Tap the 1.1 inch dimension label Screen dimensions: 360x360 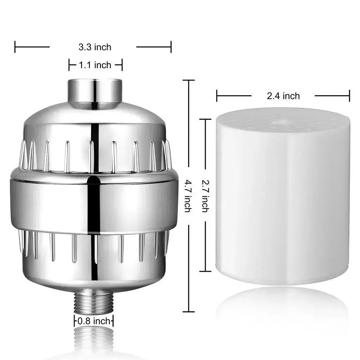95,65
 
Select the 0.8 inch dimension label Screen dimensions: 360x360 94,321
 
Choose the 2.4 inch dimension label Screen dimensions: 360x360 283,96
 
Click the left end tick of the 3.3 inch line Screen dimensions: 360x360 15,47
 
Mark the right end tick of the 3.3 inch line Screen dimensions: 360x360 171,47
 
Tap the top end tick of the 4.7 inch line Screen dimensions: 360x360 189,81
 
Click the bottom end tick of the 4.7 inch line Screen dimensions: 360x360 189,311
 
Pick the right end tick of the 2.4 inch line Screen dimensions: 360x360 349,96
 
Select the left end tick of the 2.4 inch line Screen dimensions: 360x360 217,96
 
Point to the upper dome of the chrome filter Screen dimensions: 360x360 94,121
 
